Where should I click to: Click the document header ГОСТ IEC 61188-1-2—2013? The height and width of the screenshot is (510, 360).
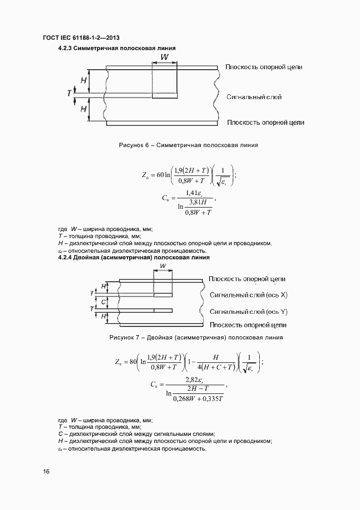tap(81, 38)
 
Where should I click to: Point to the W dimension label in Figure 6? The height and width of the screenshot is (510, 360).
tap(164, 57)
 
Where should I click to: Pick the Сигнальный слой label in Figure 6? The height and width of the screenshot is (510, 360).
tap(254, 97)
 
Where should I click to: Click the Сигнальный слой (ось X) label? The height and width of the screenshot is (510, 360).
tap(248, 295)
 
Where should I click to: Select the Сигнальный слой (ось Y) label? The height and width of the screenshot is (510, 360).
tap(248, 312)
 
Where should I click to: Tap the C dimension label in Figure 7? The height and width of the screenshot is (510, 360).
tap(103, 301)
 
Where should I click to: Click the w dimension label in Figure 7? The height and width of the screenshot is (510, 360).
tap(163, 267)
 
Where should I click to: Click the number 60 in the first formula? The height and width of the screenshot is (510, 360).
tap(161, 175)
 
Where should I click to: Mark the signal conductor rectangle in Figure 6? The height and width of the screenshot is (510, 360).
tap(164, 96)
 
